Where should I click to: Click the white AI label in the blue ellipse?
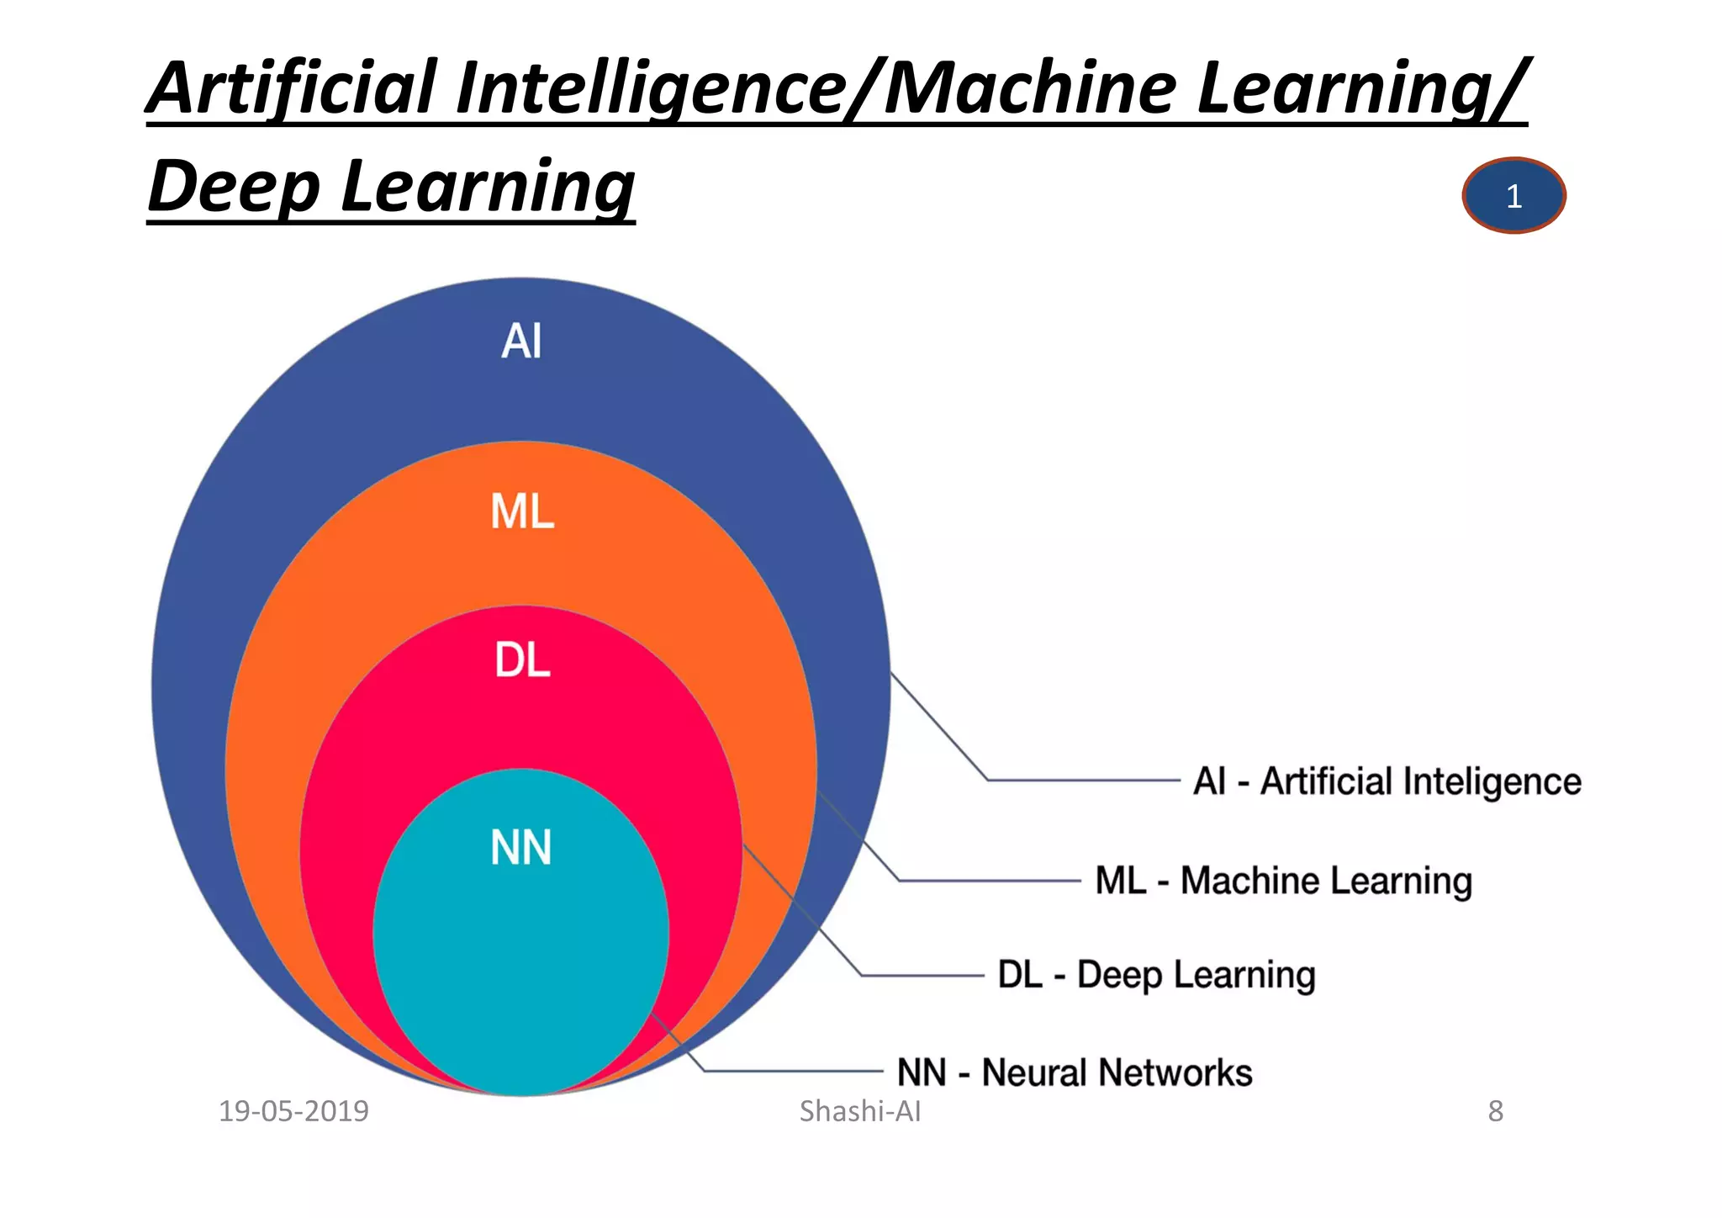coord(521,342)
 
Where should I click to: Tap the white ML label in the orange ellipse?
coord(522,511)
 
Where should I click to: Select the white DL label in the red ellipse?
coord(522,660)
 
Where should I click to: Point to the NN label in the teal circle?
coord(521,848)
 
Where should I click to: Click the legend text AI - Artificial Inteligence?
coord(1387,781)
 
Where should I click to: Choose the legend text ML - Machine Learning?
coord(1283,881)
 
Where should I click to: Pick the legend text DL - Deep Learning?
coord(1156,975)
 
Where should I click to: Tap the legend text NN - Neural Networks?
coord(1075,1072)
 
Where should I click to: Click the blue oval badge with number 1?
coord(1513,196)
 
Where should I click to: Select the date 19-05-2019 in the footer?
coord(293,1111)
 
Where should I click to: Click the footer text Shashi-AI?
coord(860,1111)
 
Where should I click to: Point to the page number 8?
coord(1495,1111)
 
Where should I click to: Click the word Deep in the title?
coord(234,187)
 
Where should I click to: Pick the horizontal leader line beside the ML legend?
coord(990,881)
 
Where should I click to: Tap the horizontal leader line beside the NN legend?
coord(793,1071)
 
